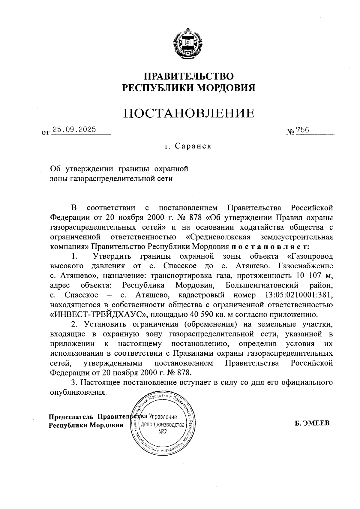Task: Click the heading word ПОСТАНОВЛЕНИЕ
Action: [189, 113]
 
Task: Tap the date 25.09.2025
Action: [74, 130]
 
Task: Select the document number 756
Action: [302, 130]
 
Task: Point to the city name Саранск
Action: [193, 146]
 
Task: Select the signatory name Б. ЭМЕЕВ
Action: [312, 423]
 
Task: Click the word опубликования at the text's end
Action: [78, 392]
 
